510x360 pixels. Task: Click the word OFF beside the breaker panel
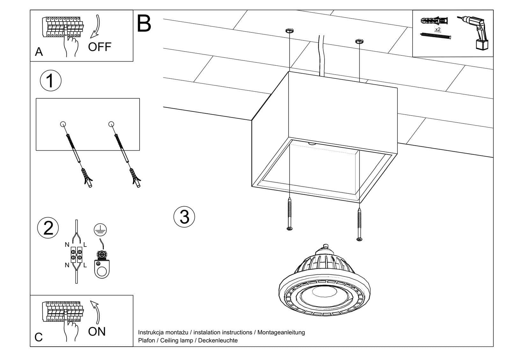point(99,47)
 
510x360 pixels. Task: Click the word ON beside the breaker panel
point(97,332)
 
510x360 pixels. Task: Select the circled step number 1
point(50,80)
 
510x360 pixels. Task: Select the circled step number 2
point(48,228)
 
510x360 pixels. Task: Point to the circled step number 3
point(184,217)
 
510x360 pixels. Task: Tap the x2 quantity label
point(438,29)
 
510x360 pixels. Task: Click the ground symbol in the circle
point(100,230)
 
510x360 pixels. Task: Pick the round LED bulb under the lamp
point(324,287)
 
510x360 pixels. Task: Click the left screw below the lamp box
point(289,213)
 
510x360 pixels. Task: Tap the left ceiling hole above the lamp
point(289,31)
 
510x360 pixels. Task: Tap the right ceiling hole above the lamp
point(359,41)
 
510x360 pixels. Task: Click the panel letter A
point(39,52)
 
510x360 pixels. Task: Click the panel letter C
point(39,337)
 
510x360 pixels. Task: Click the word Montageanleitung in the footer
point(281,332)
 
